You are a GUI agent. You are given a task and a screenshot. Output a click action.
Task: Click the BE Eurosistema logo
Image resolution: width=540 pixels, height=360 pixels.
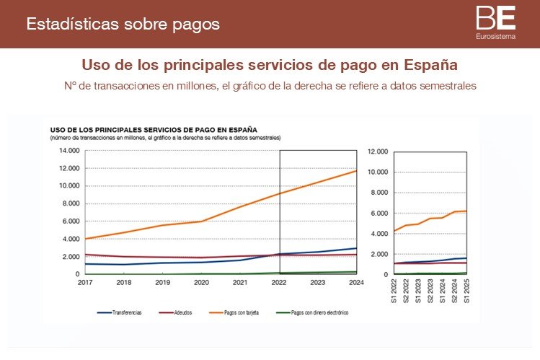click(495, 22)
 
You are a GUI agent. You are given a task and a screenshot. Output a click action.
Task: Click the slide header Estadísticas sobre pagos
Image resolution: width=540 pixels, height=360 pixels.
click(123, 25)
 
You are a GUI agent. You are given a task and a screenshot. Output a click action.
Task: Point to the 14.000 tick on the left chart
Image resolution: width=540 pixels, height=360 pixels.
click(69, 150)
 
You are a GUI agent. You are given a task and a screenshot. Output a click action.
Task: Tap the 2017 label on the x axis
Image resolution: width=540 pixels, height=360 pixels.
click(86, 282)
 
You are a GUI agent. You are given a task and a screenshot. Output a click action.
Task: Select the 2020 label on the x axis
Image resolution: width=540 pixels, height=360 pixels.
click(202, 282)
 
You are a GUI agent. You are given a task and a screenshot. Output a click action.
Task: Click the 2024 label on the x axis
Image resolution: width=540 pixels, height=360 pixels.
click(356, 282)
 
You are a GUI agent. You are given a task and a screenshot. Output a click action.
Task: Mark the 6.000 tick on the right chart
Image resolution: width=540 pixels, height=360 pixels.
click(380, 214)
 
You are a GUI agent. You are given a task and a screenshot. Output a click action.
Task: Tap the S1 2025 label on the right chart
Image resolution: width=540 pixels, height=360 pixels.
click(466, 289)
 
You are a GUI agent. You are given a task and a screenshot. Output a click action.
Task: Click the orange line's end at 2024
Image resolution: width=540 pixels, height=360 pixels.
click(356, 170)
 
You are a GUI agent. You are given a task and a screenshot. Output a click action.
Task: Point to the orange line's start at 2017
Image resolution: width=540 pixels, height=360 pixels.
click(86, 239)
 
